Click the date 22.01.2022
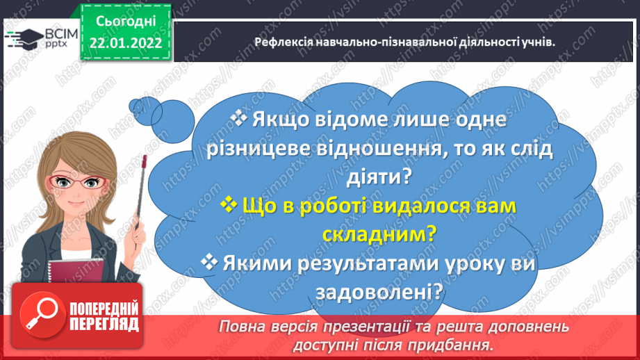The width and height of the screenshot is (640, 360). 126,42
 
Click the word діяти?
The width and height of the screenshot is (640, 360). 380,177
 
